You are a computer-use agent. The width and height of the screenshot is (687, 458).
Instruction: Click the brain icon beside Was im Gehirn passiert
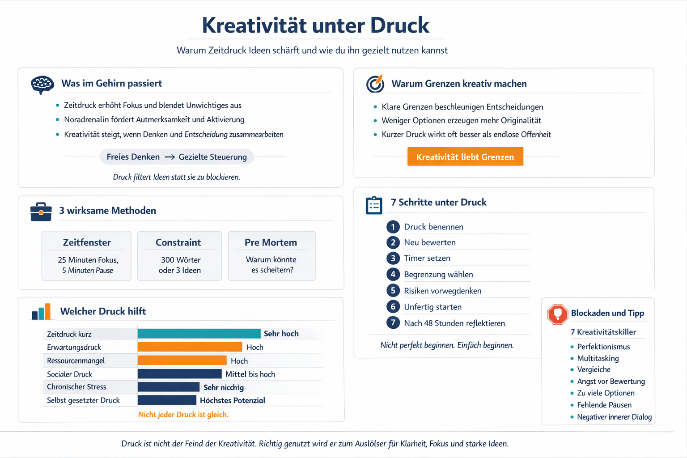pyautogui.click(x=42, y=84)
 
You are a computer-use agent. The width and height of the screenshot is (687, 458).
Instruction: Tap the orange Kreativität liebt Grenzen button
pyautogui.click(x=465, y=157)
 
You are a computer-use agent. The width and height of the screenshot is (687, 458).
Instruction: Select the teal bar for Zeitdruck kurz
pyautogui.click(x=199, y=334)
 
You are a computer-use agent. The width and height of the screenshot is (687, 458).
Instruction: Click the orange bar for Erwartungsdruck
pyautogui.click(x=190, y=347)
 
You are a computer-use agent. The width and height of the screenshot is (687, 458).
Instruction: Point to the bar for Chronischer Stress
pyautogui.click(x=168, y=387)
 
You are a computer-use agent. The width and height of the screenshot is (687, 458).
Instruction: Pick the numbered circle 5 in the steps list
pyautogui.click(x=393, y=291)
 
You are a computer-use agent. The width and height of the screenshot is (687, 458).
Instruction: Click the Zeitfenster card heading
pyautogui.click(x=87, y=242)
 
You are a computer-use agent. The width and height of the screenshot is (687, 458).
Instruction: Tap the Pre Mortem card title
pyautogui.click(x=271, y=242)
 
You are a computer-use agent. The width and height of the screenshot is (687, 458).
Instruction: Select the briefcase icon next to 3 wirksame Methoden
pyautogui.click(x=41, y=212)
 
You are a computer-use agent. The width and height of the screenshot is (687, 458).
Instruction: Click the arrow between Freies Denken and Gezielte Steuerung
pyautogui.click(x=170, y=157)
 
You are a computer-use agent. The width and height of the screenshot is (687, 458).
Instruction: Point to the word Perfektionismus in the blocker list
pyautogui.click(x=603, y=347)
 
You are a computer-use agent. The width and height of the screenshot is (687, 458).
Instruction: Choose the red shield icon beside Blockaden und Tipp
pyautogui.click(x=557, y=314)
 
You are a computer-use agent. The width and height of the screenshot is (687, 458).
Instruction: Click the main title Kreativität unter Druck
pyautogui.click(x=315, y=25)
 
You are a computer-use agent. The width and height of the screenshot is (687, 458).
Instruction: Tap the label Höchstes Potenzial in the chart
pyautogui.click(x=233, y=400)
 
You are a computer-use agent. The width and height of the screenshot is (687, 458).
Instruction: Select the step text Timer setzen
pyautogui.click(x=427, y=258)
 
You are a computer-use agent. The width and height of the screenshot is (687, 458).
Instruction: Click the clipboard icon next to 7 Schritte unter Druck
pyautogui.click(x=374, y=205)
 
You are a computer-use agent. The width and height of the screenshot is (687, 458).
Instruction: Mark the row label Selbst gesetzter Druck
pyautogui.click(x=83, y=400)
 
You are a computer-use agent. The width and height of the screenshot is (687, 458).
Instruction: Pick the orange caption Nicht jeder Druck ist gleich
pyautogui.click(x=183, y=415)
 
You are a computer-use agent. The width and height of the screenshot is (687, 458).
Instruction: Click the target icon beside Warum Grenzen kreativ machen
pyautogui.click(x=375, y=83)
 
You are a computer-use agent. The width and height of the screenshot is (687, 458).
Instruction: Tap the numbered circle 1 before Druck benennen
pyautogui.click(x=393, y=227)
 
